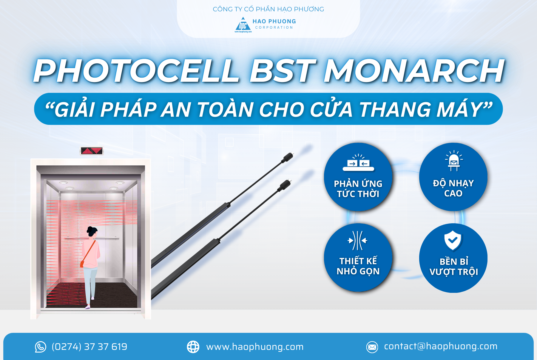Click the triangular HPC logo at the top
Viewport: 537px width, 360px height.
[243, 25]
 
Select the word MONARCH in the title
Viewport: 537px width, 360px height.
[414, 71]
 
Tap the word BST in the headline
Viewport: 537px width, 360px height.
[282, 71]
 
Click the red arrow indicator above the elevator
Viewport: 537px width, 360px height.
[92, 151]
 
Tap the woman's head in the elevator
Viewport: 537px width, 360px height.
[92, 232]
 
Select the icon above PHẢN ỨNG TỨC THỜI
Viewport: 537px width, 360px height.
[358, 163]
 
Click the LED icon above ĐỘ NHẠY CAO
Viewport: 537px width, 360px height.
[453, 161]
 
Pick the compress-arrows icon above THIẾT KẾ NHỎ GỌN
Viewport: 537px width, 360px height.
[358, 240]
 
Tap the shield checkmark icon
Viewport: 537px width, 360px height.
[453, 240]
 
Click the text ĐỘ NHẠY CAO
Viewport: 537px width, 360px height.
[453, 188]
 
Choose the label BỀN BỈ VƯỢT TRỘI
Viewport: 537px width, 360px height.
[453, 267]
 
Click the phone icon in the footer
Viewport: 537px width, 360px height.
[41, 347]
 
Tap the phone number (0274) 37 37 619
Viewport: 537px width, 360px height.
[89, 347]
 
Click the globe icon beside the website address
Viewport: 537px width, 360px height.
[193, 347]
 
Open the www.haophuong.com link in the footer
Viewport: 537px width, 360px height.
[255, 347]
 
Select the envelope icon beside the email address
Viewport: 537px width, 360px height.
[372, 347]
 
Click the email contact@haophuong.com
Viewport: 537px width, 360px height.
[441, 346]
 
